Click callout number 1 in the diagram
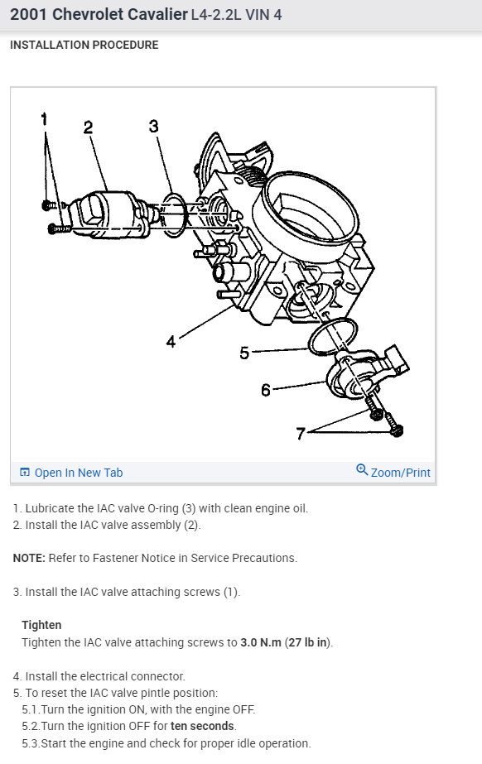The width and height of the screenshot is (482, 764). pyautogui.click(x=45, y=119)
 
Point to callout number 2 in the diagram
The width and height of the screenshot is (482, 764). pyautogui.click(x=88, y=127)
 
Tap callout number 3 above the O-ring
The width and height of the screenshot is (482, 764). pyautogui.click(x=153, y=126)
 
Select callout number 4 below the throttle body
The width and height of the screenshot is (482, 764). pyautogui.click(x=171, y=342)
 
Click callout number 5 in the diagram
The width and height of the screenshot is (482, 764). pyautogui.click(x=244, y=353)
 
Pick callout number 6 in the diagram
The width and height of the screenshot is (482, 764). pyautogui.click(x=266, y=391)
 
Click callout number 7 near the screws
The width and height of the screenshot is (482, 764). pyautogui.click(x=301, y=433)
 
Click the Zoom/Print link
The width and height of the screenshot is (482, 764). pyautogui.click(x=401, y=473)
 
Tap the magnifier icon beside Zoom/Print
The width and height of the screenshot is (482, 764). pyautogui.click(x=362, y=469)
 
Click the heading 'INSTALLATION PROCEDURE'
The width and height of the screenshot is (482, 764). pyautogui.click(x=84, y=45)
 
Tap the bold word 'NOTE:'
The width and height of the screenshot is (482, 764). pyautogui.click(x=29, y=558)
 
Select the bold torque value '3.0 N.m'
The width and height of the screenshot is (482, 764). pyautogui.click(x=261, y=642)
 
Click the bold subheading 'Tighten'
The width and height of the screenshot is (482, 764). pyautogui.click(x=41, y=625)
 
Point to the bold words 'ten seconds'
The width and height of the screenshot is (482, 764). pyautogui.click(x=202, y=726)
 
